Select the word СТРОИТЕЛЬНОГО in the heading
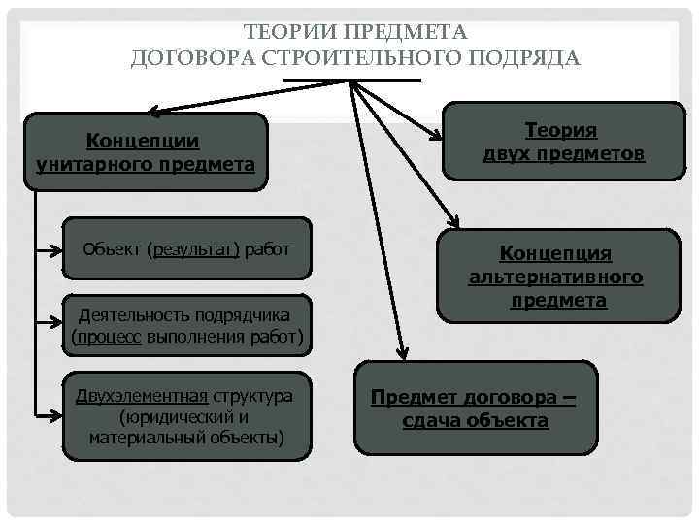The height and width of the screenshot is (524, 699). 369,58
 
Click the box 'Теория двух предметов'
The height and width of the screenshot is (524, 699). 563,142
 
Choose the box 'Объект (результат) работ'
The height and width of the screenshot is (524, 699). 186,249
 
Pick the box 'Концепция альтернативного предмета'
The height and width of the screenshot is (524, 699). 555,277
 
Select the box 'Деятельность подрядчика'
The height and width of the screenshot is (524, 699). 187,326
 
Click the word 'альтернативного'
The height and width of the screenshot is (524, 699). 555,278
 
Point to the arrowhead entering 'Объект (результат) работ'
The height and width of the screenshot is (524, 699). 58,250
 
